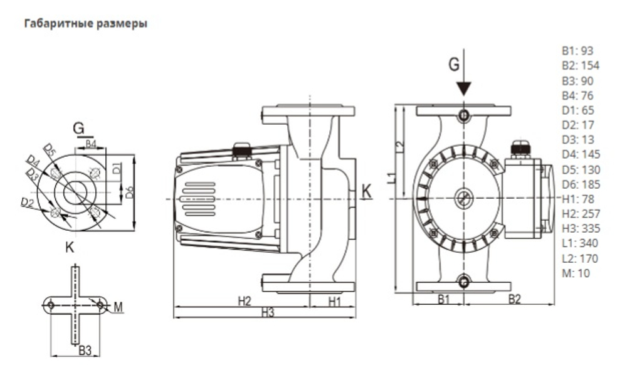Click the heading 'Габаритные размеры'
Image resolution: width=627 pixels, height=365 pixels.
pyautogui.click(x=85, y=24)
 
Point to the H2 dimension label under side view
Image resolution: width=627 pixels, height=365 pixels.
pyautogui.click(x=245, y=302)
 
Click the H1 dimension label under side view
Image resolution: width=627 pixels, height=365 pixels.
pyautogui.click(x=334, y=302)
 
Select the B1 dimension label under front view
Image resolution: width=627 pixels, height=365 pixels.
pyautogui.click(x=443, y=299)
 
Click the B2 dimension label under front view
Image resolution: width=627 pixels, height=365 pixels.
pyautogui.click(x=514, y=299)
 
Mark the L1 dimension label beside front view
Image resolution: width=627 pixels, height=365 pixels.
pyautogui.click(x=391, y=177)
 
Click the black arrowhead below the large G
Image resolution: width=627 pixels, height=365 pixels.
pyautogui.click(x=463, y=88)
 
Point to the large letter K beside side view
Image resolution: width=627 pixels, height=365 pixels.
pyautogui.click(x=367, y=191)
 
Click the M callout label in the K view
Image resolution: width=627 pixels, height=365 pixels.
pyautogui.click(x=118, y=307)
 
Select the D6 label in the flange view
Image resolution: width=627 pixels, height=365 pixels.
pyautogui.click(x=130, y=193)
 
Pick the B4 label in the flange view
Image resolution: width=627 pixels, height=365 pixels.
pyautogui.click(x=91, y=144)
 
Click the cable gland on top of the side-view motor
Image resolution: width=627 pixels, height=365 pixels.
pyautogui.click(x=241, y=151)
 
